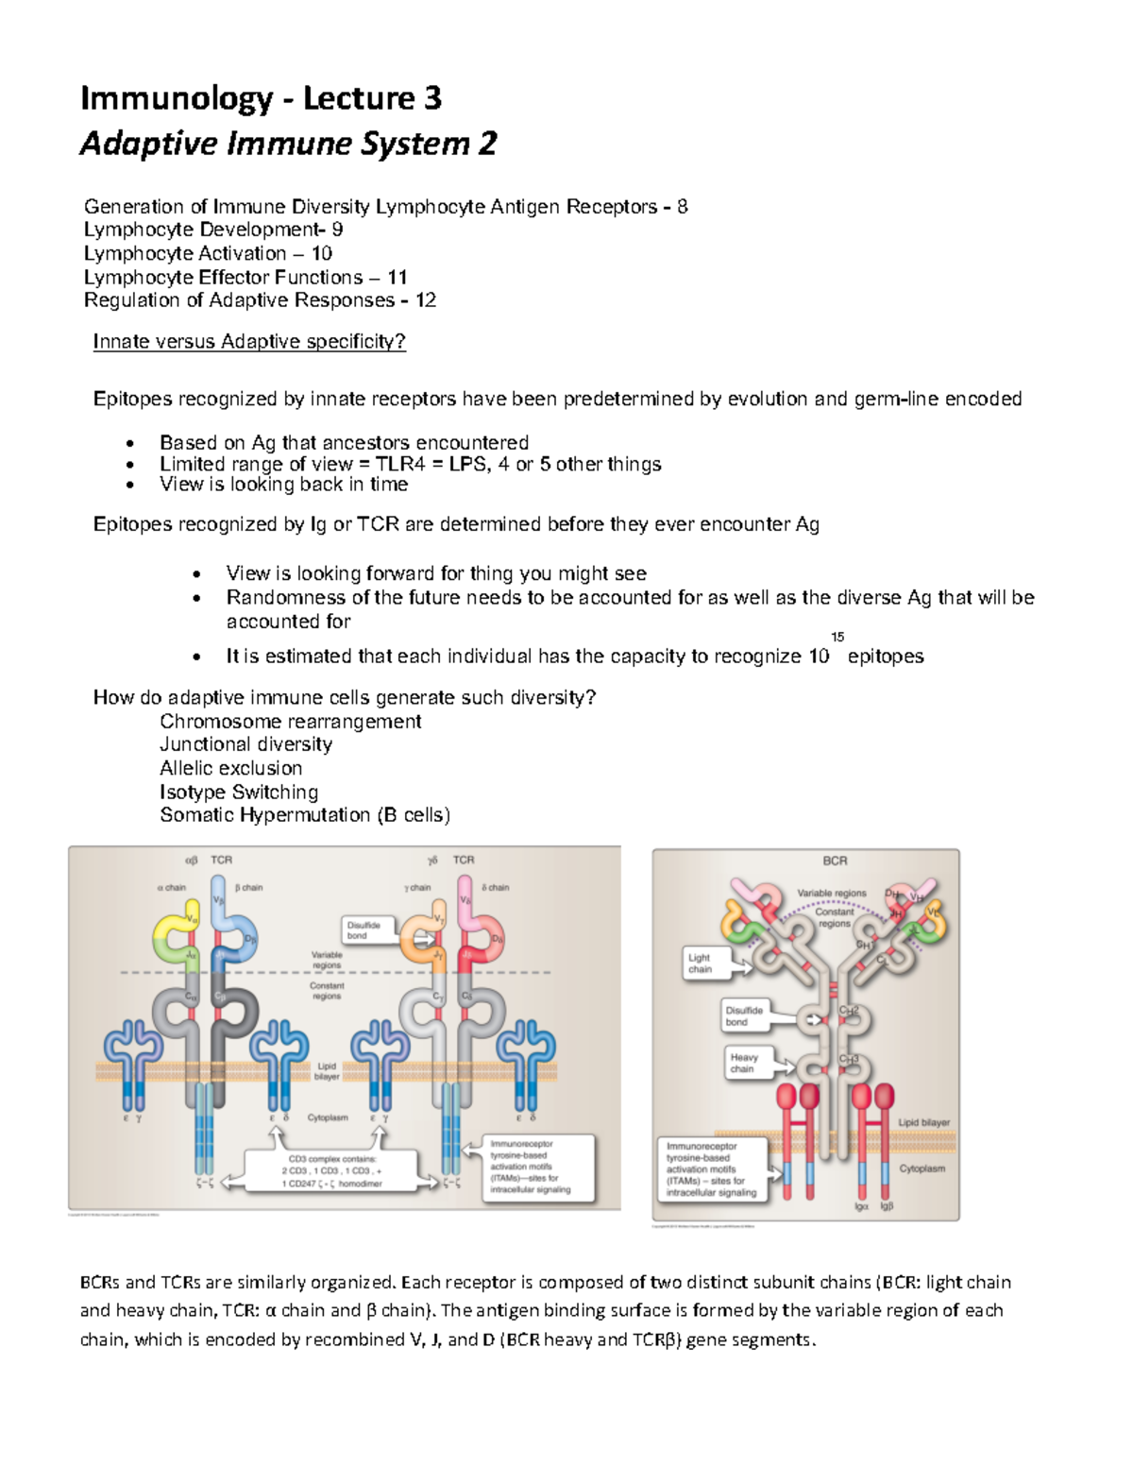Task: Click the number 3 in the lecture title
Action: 431,98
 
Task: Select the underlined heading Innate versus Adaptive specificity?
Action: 249,342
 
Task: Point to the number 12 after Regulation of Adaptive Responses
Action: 426,300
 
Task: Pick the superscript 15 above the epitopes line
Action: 837,637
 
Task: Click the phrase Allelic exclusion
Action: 230,768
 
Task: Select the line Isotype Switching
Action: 239,792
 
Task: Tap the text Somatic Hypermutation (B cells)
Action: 304,815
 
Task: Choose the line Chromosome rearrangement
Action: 290,722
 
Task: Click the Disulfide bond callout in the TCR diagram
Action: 364,930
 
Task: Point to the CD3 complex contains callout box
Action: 331,1170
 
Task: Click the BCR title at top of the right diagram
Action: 835,861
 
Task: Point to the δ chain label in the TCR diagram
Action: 496,888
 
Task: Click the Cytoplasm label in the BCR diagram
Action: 922,1168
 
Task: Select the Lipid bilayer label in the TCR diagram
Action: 327,1071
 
